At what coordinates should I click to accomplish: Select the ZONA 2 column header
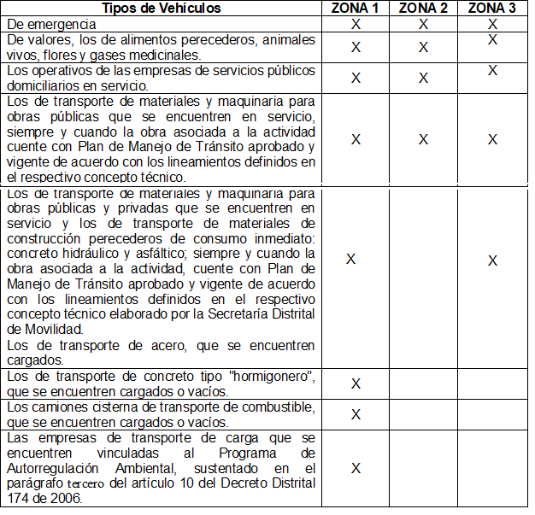click(x=423, y=9)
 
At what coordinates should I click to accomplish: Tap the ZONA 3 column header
click(x=491, y=9)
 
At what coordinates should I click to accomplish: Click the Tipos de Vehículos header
click(x=161, y=9)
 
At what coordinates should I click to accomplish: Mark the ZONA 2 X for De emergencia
click(x=423, y=25)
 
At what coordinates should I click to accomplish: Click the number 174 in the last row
click(x=18, y=499)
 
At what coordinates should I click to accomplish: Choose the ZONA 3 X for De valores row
click(x=492, y=40)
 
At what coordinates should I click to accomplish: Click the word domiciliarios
click(x=44, y=85)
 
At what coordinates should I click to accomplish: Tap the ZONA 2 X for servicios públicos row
click(x=423, y=78)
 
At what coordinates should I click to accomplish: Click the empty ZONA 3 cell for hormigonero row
click(x=491, y=383)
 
